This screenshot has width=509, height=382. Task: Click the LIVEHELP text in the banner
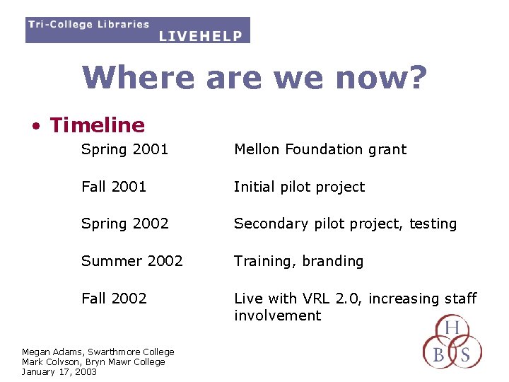coord(201,35)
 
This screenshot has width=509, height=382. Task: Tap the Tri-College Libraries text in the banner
coord(88,24)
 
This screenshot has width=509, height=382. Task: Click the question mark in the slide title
coord(418,78)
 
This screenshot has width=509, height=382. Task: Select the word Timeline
coord(97,125)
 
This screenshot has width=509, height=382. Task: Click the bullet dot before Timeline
coord(34,127)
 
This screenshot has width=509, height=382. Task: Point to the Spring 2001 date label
coord(124,149)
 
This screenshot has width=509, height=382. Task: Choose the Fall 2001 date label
coord(114,187)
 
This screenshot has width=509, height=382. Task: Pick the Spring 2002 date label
coord(124,224)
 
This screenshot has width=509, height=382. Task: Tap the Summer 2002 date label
coord(131,261)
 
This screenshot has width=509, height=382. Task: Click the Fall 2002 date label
coord(114,299)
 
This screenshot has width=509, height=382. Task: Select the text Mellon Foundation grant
coord(320,149)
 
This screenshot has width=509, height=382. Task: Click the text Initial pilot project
coord(299,187)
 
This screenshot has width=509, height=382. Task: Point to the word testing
coord(433,224)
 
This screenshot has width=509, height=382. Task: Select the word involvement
coord(277,316)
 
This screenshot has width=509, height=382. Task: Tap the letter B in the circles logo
coord(438,355)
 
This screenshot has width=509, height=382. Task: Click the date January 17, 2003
coord(59,372)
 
